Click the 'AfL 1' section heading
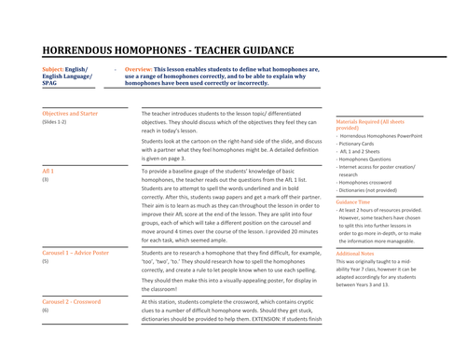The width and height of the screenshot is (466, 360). click(48, 173)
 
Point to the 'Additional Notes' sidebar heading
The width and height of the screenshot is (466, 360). click(358, 253)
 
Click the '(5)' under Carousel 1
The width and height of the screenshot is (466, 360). click(45, 262)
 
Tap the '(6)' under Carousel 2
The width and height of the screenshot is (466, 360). click(45, 312)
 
